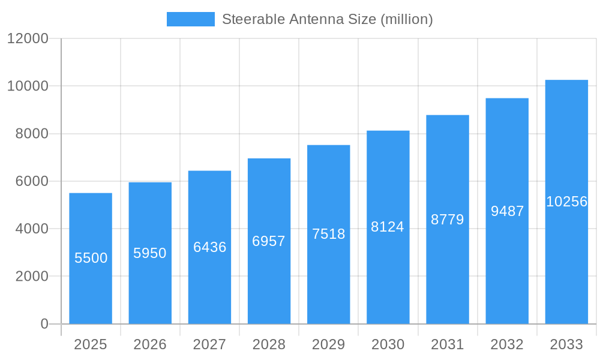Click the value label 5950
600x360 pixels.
coord(150,253)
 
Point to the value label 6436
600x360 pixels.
coord(209,247)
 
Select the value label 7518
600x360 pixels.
coord(328,234)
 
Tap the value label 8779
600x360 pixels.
coord(448,220)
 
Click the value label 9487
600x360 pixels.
coord(507,211)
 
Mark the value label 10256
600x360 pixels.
coord(566,202)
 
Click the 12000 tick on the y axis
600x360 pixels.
coord(28,38)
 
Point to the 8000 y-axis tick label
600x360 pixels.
coord(32,134)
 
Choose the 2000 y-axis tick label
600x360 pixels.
coord(32,277)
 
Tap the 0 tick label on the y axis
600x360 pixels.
coord(44,324)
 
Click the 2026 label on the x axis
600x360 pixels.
coord(150,344)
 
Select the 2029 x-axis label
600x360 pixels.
coord(328,344)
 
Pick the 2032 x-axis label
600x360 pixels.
coord(507,344)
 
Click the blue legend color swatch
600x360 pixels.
coord(190,19)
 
